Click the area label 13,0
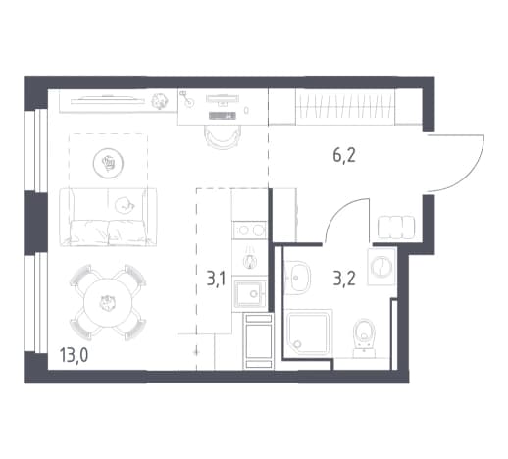[74, 355]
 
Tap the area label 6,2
[344, 155]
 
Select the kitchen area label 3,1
[216, 279]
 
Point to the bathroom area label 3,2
[344, 279]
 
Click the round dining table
[108, 302]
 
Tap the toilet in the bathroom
[364, 336]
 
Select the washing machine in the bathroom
[381, 266]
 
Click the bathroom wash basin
[296, 278]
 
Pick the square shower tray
[308, 332]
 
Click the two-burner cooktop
[250, 230]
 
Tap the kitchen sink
[250, 294]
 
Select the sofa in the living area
[108, 217]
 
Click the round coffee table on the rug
[108, 163]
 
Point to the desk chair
[223, 136]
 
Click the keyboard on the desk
[223, 116]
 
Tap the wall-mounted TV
[108, 99]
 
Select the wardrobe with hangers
[345, 107]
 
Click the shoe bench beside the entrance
[396, 228]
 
